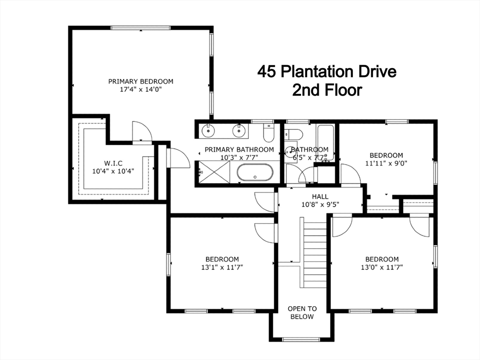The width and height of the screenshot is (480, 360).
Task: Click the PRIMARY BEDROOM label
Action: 141,82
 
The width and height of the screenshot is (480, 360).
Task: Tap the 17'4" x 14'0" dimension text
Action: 141,90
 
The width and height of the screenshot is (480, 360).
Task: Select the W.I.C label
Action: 113,164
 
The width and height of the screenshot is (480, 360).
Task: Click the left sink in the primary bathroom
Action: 208,131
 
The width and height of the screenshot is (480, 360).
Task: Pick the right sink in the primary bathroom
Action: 238,131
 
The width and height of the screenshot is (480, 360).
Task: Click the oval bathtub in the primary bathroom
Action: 255,172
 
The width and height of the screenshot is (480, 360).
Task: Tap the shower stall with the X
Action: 214,172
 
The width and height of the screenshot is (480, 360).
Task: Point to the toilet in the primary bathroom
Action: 269,133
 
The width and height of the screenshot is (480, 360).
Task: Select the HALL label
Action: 320,196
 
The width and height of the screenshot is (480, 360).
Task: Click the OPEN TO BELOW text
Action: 302,313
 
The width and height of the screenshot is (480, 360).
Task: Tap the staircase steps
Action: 315,253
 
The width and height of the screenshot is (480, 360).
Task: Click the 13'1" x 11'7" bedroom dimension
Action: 222,267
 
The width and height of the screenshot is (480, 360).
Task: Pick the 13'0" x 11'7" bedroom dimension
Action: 382,267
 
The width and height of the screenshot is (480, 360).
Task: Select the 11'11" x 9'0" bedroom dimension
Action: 386,163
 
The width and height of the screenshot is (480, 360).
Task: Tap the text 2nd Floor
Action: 327,90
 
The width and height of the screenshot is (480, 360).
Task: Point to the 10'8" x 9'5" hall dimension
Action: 320,204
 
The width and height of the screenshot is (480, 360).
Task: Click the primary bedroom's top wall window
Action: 141,28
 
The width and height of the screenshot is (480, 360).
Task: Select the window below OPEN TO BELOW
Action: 301,339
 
